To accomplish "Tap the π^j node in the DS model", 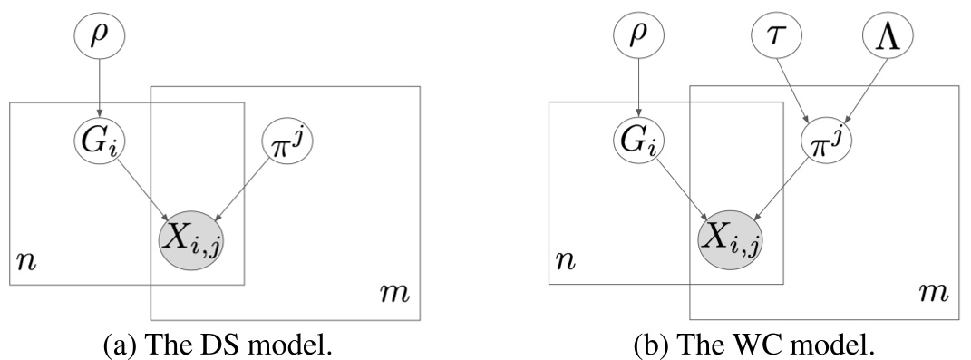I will click(x=283, y=140).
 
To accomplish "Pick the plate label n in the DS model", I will click(x=24, y=264).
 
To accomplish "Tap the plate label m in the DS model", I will click(x=397, y=293).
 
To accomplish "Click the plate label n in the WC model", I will click(x=564, y=264).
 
